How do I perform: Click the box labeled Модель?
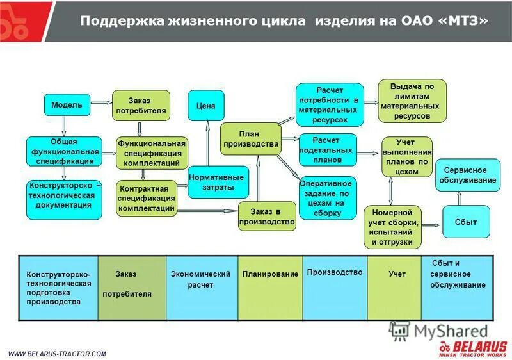coord(67,105)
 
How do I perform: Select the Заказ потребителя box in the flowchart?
coord(141,106)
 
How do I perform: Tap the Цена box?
coord(205,106)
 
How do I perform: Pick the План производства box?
coord(250,139)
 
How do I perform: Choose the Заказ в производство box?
coord(267,217)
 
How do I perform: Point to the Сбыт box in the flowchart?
coord(466,222)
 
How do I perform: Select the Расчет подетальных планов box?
coord(326,149)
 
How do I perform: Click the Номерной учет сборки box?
coord(393,227)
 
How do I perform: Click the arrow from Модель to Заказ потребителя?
coord(101,102)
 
